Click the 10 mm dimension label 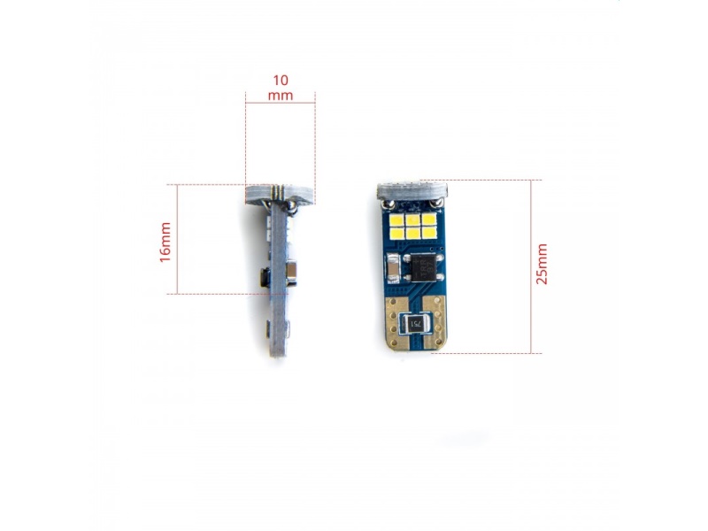[280, 87]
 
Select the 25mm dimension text [542, 264]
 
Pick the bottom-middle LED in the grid [413, 232]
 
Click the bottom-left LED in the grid [399, 232]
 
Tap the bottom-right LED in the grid [428, 232]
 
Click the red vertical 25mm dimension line [532, 265]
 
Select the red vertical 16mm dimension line [178, 239]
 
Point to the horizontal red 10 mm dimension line [280, 104]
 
